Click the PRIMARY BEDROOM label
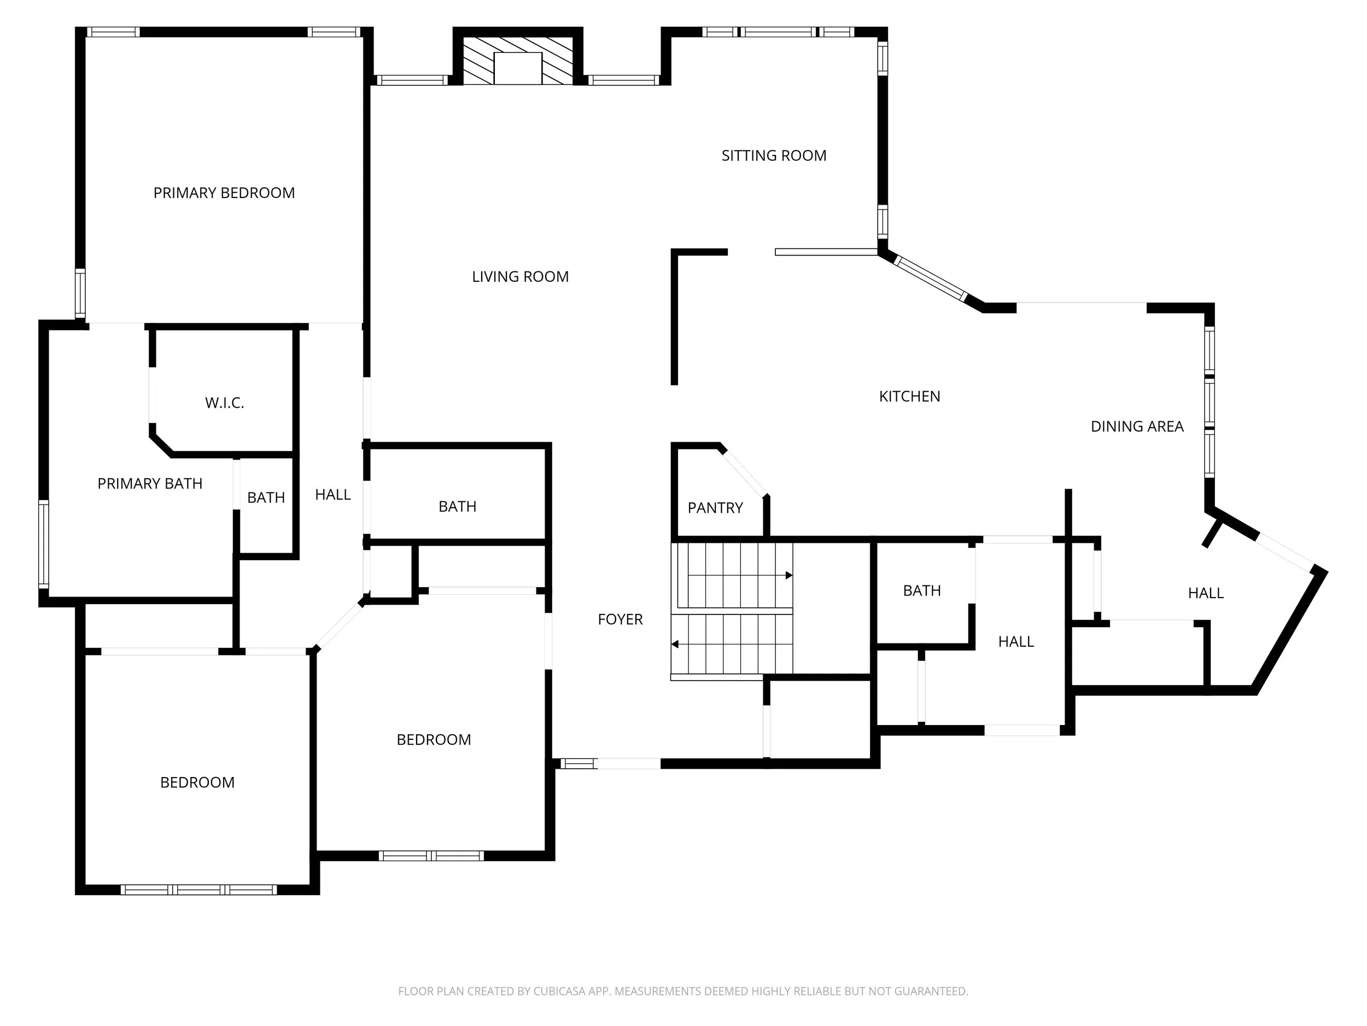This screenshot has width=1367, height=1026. [224, 193]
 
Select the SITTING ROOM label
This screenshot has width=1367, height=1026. [774, 155]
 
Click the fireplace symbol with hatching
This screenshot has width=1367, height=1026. [518, 61]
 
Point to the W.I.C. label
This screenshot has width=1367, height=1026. [224, 403]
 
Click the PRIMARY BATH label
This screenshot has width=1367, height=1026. [150, 484]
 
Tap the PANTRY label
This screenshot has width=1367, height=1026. [715, 508]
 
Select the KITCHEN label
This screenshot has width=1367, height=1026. [909, 396]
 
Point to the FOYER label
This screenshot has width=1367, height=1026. [620, 619]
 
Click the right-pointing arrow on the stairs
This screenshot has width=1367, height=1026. [788, 575]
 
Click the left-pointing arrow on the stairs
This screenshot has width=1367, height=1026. [675, 644]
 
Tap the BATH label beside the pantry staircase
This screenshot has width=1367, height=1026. [921, 590]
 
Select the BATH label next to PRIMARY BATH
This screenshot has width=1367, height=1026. [266, 498]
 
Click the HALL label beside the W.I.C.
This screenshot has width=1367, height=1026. [332, 494]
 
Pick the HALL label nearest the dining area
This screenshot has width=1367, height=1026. [1205, 593]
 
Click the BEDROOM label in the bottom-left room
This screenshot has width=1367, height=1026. [197, 782]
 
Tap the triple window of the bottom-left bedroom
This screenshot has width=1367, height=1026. [198, 889]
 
